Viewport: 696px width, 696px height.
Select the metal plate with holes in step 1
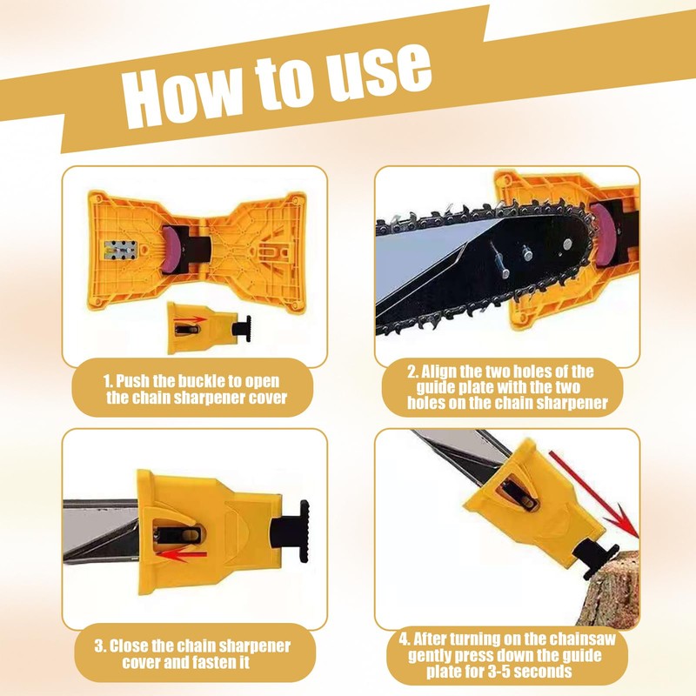118,245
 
